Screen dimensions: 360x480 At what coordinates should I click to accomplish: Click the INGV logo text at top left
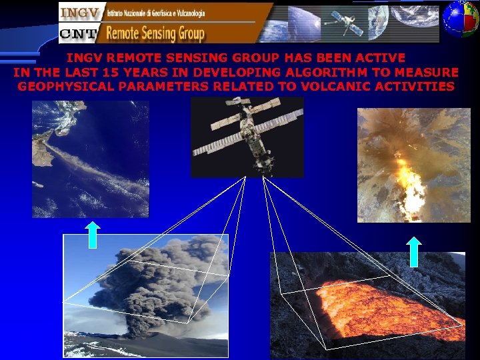tap(79, 13)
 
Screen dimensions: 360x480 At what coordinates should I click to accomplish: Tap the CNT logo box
tap(78, 33)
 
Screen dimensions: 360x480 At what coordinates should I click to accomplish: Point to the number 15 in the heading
tap(143, 72)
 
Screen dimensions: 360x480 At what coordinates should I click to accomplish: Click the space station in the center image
tap(247, 137)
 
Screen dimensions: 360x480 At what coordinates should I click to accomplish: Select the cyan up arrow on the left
tap(93, 235)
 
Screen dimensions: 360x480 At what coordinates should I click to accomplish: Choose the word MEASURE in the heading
tap(427, 72)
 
